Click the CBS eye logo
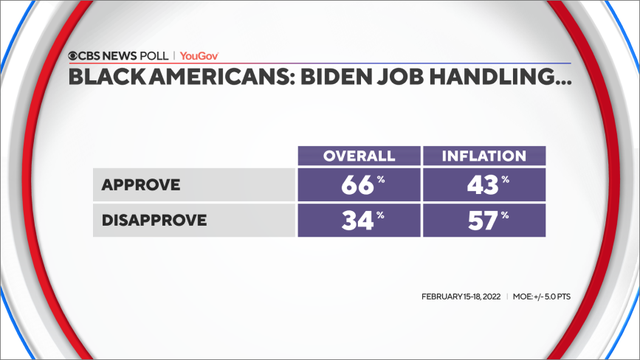pos(74,56)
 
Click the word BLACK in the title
pos(106,78)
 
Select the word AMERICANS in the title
pos(212,78)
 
